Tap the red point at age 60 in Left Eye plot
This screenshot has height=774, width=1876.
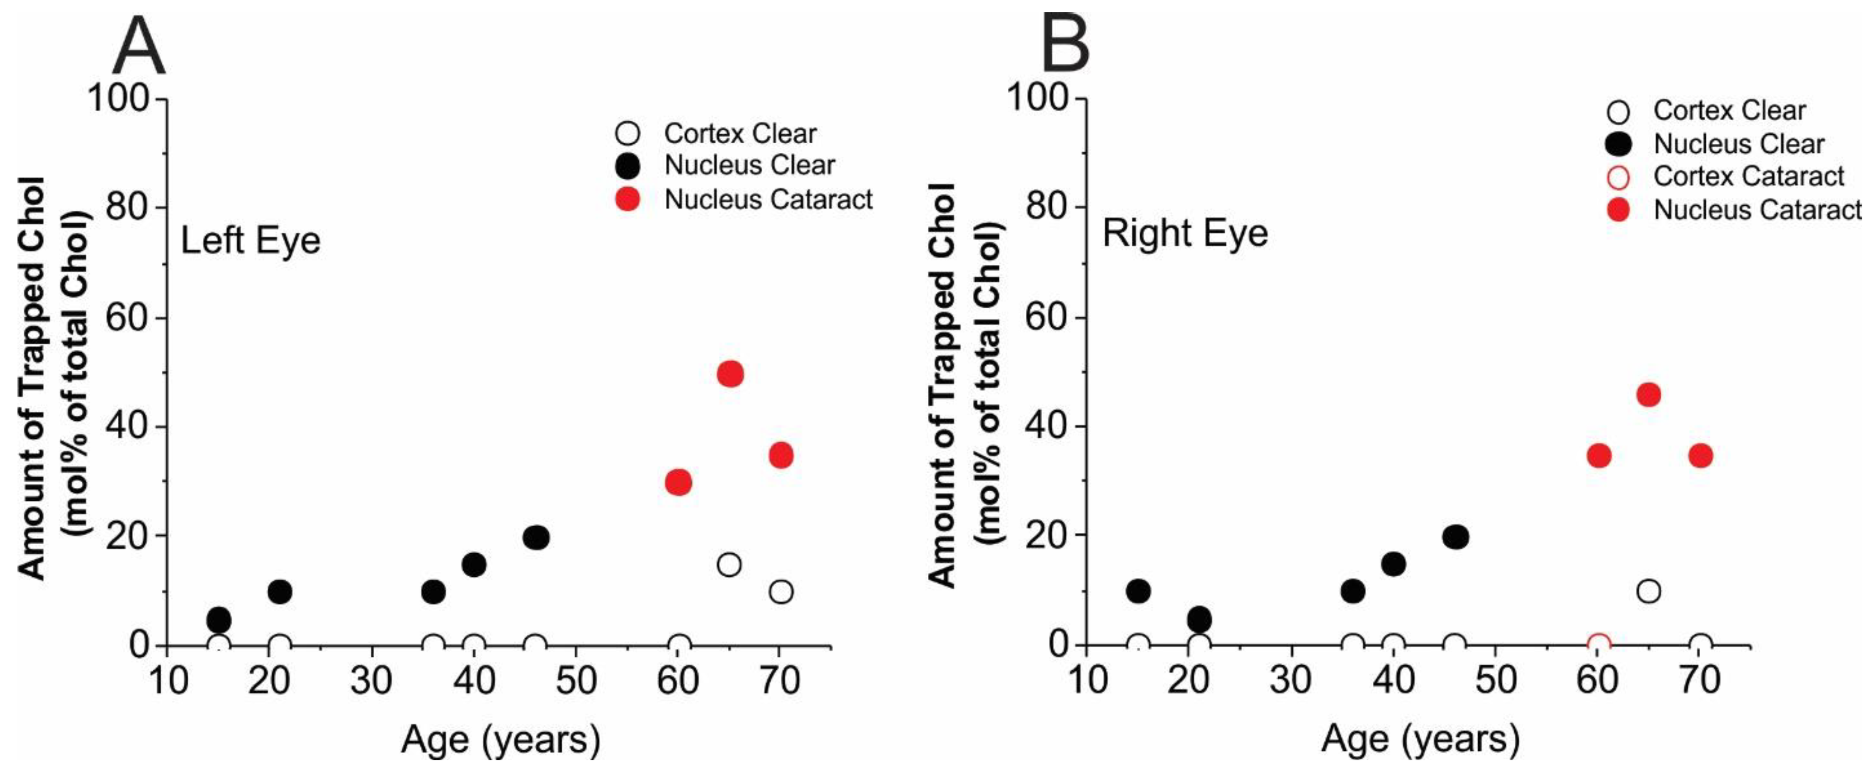coord(678,482)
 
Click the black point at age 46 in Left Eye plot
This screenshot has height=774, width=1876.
coord(536,538)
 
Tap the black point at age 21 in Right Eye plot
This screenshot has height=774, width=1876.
coord(1199,620)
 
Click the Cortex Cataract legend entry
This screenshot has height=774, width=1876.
coord(1748,176)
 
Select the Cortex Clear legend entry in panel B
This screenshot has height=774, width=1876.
coord(1729,111)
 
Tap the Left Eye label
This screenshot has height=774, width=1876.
coord(251,240)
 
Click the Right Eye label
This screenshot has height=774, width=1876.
coord(1185,234)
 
